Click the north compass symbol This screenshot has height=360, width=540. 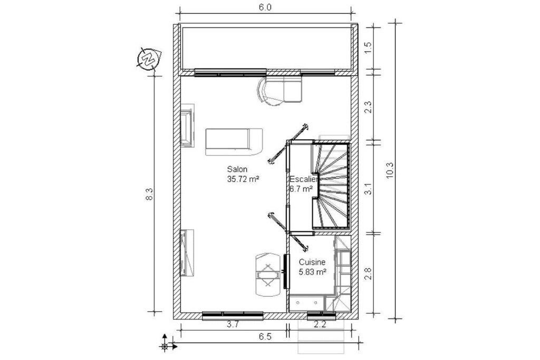[x=149, y=59]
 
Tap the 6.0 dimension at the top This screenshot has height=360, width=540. [x=265, y=7]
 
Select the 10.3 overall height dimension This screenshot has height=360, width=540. [x=390, y=170]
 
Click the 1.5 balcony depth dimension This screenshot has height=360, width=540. [x=369, y=47]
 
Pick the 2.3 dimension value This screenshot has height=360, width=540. [x=369, y=106]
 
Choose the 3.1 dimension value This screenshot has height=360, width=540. [x=369, y=189]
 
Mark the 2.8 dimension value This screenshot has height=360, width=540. [x=369, y=273]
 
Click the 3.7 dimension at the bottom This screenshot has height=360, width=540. [x=233, y=324]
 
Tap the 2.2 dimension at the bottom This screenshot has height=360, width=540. [x=320, y=324]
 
